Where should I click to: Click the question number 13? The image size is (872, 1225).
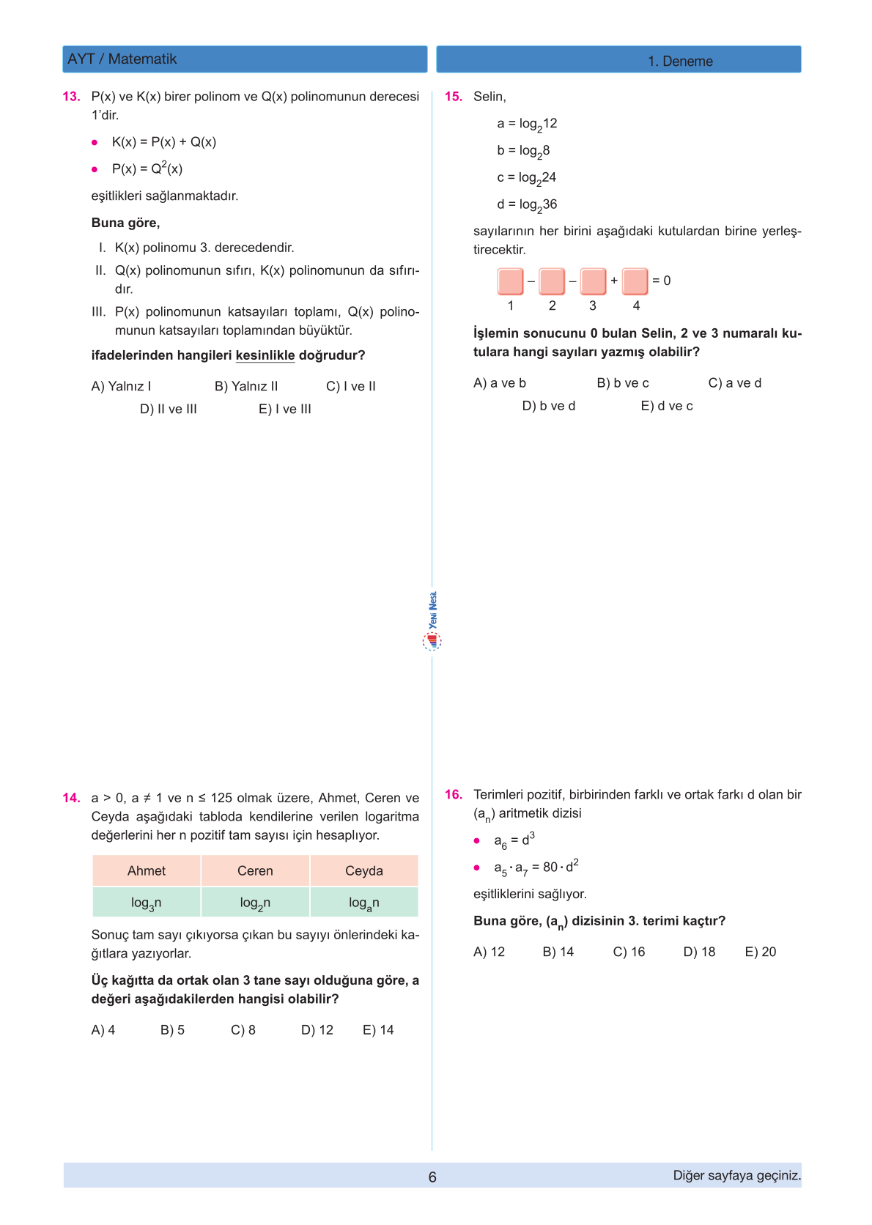click(x=71, y=97)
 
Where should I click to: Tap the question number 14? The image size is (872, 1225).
click(x=71, y=798)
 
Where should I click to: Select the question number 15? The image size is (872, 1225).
click(x=454, y=97)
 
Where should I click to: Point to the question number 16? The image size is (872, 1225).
click(x=454, y=795)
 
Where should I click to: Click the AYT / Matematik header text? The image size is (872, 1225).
click(x=122, y=59)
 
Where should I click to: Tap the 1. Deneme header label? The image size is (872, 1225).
click(x=680, y=62)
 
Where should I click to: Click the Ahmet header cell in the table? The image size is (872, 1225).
click(x=147, y=870)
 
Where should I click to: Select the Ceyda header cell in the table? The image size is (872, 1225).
click(x=364, y=870)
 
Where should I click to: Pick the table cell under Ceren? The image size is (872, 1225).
click(x=255, y=903)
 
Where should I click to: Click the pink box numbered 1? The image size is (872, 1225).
click(x=511, y=281)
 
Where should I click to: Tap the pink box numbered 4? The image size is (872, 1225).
click(x=635, y=281)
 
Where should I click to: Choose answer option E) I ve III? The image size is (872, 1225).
click(x=285, y=409)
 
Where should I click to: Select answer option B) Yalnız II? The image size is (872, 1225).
click(x=246, y=386)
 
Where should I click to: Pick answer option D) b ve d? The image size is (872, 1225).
click(x=549, y=406)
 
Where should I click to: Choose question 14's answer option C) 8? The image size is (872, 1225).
click(x=243, y=1030)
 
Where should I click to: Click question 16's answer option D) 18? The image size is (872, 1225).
click(x=699, y=952)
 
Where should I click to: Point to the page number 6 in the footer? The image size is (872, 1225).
click(x=432, y=1177)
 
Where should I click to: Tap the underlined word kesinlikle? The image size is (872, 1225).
click(x=265, y=355)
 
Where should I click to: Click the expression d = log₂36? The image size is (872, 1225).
click(x=527, y=205)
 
